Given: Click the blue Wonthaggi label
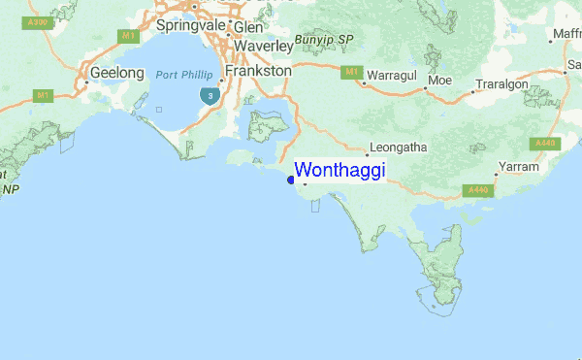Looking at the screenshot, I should coord(339,171).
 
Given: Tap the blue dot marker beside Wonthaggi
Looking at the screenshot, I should coord(291,178).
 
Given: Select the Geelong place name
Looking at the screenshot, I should coord(115,72).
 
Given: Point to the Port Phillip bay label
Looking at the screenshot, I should coord(182,74).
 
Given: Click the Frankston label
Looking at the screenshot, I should coord(257,71).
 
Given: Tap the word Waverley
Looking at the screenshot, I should coord(259,45).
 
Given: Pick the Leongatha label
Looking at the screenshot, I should coord(398,147).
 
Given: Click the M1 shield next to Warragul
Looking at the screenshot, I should coord(351,71).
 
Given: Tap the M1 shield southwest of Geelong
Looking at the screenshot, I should coord(43,95).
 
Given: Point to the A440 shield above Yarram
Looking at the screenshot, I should coord(545,143).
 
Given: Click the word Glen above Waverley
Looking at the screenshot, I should coord(248,27).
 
